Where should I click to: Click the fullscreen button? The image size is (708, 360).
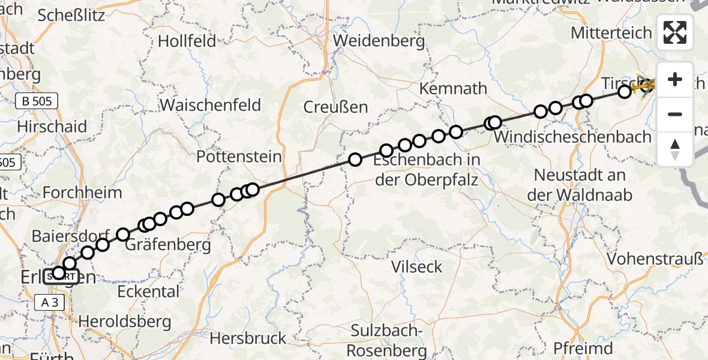[x=675, y=32]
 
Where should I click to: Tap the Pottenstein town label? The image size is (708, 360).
[x=239, y=157]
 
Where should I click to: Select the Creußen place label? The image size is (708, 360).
[x=335, y=107]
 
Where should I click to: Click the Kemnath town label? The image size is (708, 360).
[x=454, y=89]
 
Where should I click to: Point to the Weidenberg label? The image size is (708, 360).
[x=380, y=41]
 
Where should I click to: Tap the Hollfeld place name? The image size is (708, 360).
[x=187, y=41]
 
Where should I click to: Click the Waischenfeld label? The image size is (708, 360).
[x=211, y=105]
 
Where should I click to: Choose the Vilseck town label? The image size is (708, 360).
[x=416, y=266]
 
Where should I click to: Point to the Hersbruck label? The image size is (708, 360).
[x=248, y=338]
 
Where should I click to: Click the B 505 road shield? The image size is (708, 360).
[x=37, y=101]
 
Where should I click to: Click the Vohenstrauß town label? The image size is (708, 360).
[x=655, y=259]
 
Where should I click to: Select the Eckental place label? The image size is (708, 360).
[x=148, y=292]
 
